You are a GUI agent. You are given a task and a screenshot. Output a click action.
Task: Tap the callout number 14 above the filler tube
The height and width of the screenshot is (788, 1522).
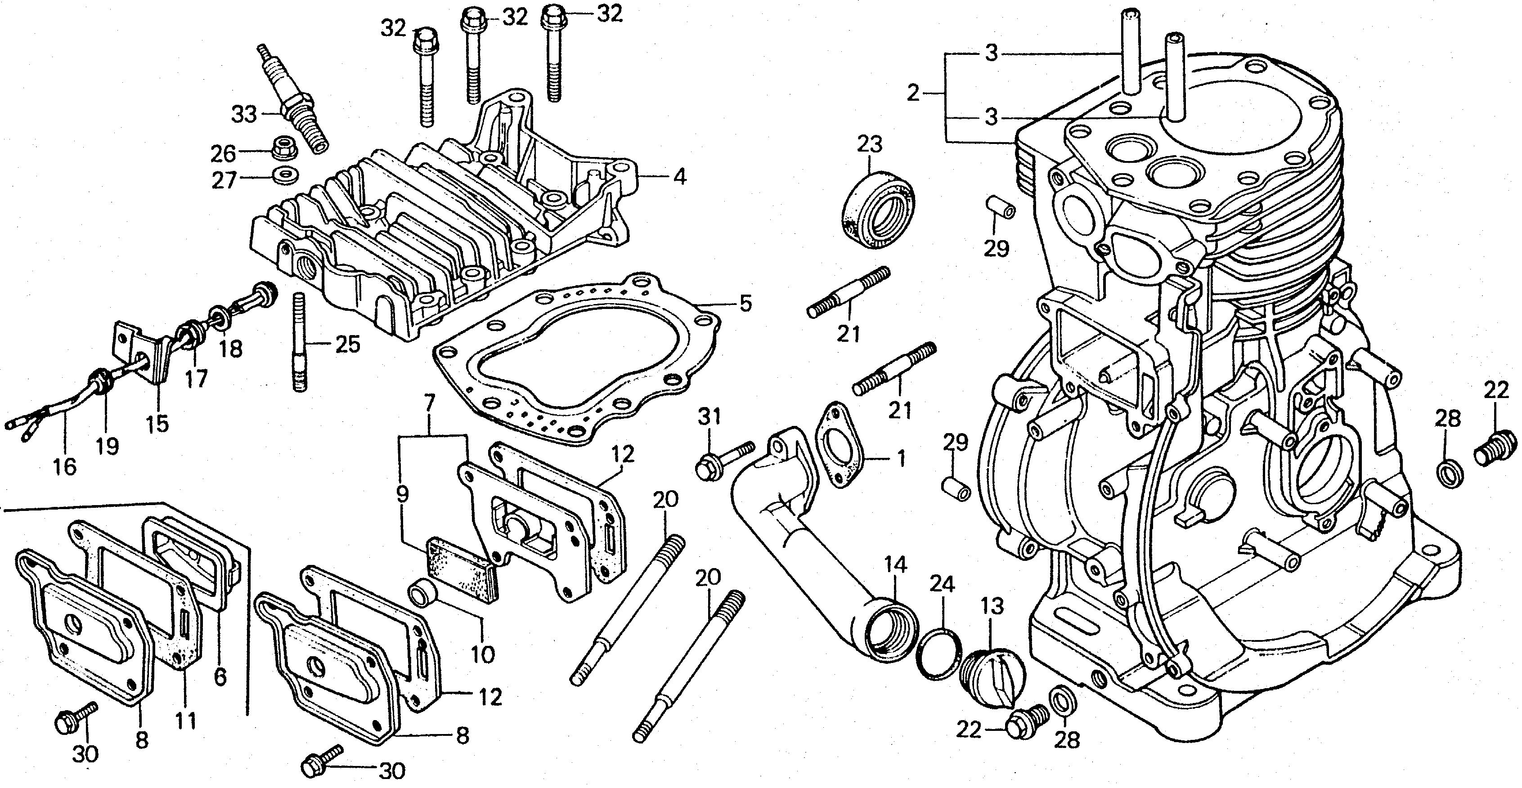[895, 565]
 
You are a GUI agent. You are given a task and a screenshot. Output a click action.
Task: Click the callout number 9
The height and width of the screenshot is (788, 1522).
[402, 495]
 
